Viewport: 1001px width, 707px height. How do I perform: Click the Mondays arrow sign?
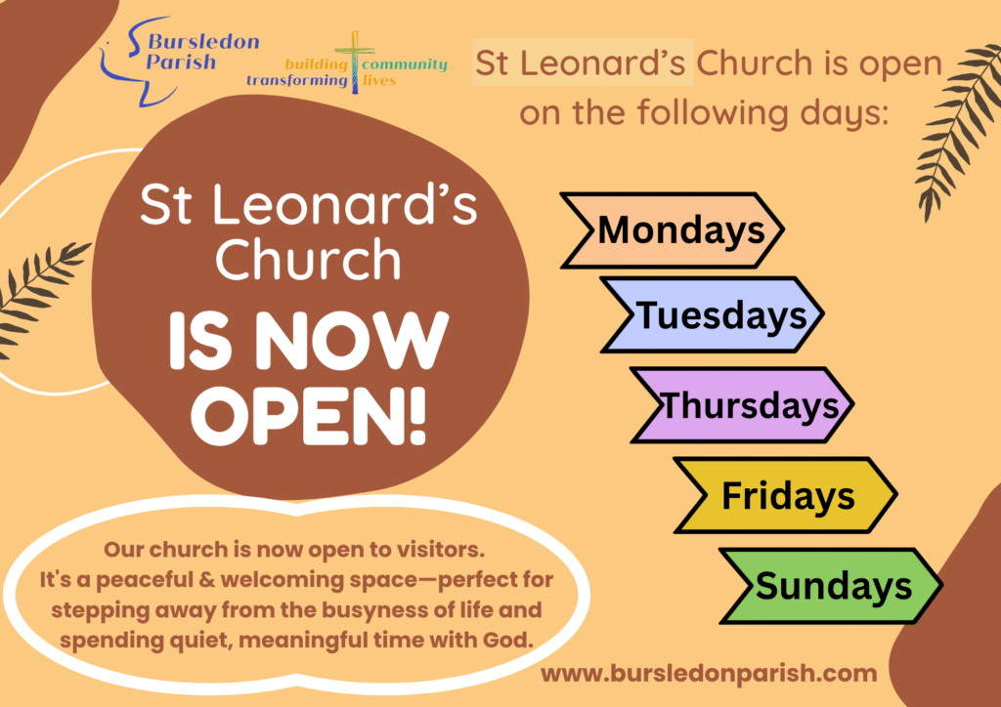[x=672, y=229]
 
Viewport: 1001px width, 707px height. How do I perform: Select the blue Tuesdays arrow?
[x=713, y=314]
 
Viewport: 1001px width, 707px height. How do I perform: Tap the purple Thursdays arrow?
[x=743, y=405]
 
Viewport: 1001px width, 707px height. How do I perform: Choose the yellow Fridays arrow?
[x=786, y=495]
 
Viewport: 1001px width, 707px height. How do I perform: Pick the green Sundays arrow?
[x=831, y=586]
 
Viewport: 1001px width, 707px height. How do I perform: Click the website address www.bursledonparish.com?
[x=709, y=673]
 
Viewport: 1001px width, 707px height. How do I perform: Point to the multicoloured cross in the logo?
[x=355, y=62]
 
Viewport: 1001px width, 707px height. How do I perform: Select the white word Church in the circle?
[x=308, y=259]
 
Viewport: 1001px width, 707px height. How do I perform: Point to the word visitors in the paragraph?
[x=441, y=549]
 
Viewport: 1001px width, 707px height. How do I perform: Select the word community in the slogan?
[x=404, y=64]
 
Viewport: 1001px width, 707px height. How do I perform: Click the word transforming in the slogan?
[x=297, y=81]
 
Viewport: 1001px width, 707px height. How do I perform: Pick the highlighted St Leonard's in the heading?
[x=582, y=62]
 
